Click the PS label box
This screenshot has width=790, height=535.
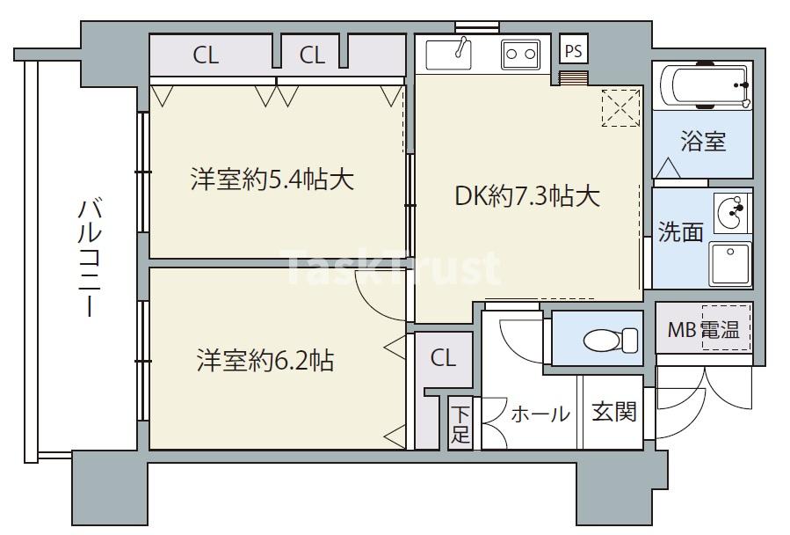573,50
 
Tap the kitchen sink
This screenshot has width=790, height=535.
456,55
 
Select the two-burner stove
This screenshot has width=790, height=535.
519,55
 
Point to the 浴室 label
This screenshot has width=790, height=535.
703,142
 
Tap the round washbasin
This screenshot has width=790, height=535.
730,211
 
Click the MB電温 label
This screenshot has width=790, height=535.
703,330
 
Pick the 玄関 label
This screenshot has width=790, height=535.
613,412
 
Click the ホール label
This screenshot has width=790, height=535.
540,414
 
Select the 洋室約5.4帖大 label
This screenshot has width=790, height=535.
272,180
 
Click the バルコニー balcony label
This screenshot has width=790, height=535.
89,260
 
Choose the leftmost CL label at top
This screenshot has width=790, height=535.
206,55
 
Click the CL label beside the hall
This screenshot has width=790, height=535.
443,358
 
